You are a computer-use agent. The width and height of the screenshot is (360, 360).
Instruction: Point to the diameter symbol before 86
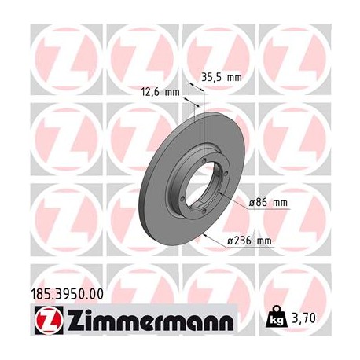(x=252, y=202)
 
